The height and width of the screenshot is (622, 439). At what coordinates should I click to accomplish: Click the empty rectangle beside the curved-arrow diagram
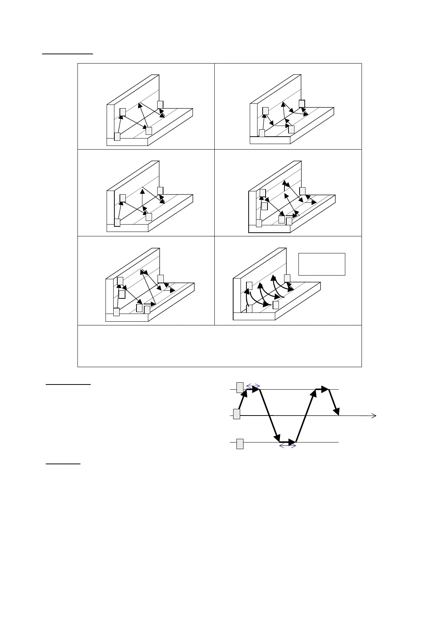click(321, 264)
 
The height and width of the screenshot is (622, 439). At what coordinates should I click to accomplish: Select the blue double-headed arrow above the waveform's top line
click(253, 386)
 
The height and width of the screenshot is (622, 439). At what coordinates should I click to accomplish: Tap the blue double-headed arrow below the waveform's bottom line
click(288, 446)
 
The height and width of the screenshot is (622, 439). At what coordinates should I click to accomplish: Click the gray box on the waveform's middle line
click(236, 414)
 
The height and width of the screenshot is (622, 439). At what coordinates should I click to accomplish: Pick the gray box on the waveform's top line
click(240, 387)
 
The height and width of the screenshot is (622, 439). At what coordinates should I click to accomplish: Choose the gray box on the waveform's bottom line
click(240, 444)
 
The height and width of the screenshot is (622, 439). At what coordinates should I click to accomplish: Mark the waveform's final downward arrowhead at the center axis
click(336, 411)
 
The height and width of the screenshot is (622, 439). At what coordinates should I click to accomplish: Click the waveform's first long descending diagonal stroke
click(269, 414)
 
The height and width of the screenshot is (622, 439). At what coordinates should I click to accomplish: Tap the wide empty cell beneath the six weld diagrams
click(219, 346)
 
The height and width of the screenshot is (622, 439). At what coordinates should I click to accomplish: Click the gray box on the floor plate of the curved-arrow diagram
click(276, 305)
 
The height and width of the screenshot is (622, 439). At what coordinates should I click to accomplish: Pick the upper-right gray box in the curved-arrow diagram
click(287, 278)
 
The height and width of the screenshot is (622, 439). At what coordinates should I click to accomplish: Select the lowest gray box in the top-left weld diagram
click(117, 136)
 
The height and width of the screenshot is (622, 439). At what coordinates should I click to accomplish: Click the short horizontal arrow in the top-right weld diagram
click(283, 126)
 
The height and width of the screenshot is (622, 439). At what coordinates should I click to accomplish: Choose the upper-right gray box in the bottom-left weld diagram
click(160, 278)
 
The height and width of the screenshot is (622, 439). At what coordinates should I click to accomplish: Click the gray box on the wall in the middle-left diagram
click(123, 198)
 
